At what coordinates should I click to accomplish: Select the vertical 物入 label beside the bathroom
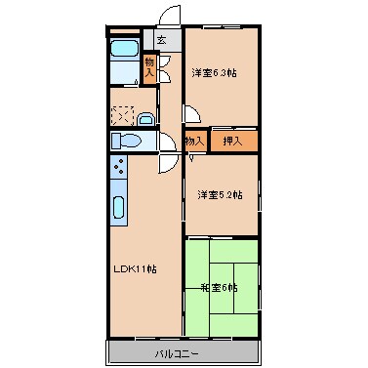pyautogui.click(x=149, y=67)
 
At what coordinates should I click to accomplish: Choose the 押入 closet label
pyautogui.click(x=233, y=142)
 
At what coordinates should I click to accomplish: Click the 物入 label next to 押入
pyautogui.click(x=194, y=142)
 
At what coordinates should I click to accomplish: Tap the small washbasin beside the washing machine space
pyautogui.click(x=145, y=119)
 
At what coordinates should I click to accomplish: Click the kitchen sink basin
pyautogui.click(x=118, y=207)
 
